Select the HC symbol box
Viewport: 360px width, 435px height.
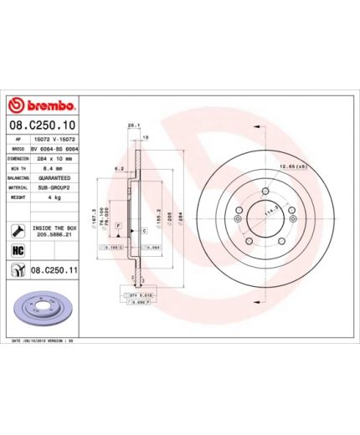click(17, 250)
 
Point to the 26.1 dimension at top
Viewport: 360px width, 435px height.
click(131, 125)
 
